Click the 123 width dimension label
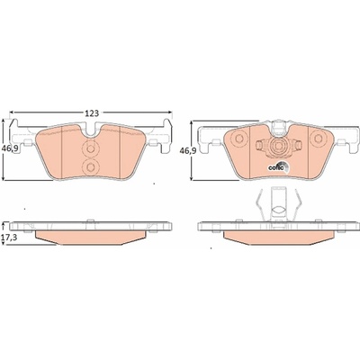pos(92,113)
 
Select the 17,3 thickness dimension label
pos(8,237)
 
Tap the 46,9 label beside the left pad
pos(8,148)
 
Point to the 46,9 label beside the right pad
pos(187,151)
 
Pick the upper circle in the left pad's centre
pos(90,148)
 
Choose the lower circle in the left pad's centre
pos(90,166)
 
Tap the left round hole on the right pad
pos(239,139)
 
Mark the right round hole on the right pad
pos(318,139)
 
